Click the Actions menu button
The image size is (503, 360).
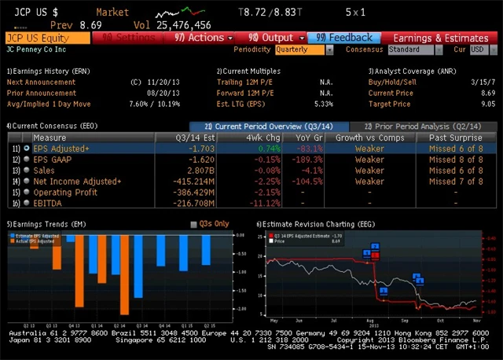pyautogui.click(x=200, y=38)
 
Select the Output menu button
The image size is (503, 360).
pyautogui.click(x=272, y=38)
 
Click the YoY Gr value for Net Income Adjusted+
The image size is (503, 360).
pyautogui.click(x=290, y=181)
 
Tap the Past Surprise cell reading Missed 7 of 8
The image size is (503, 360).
pyautogui.click(x=456, y=181)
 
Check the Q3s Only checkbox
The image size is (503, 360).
pyautogui.click(x=195, y=224)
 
